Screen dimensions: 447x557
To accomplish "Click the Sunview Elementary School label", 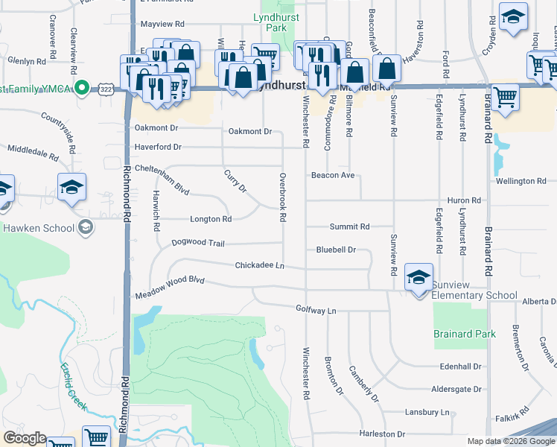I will point(475,296).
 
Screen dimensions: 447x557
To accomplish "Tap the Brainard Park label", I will point(465,335).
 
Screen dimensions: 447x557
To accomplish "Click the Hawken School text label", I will point(38,228).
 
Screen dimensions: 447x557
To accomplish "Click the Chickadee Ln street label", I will point(260,265).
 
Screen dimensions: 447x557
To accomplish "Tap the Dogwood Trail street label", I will point(197,243).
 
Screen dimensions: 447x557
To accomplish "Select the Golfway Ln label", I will point(316,308).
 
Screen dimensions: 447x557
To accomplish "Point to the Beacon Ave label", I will point(333,176).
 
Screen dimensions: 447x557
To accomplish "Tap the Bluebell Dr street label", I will point(336,250).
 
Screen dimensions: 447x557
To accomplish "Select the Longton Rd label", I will point(211,219).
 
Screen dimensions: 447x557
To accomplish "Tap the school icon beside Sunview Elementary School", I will point(419,279).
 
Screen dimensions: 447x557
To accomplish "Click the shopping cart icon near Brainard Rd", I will point(506,98).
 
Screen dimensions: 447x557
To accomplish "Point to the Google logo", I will point(25,438).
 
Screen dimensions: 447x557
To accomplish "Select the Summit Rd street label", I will point(349,226).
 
